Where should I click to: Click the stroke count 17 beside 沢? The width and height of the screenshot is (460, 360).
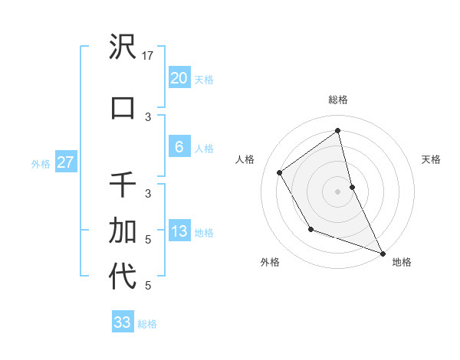149,56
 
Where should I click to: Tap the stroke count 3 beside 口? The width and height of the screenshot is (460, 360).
149,116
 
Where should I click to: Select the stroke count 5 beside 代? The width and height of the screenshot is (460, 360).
149,286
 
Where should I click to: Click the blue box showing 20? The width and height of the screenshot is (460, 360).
179,78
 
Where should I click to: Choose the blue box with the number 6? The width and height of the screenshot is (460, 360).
179,147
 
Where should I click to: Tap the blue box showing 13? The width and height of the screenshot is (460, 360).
179,231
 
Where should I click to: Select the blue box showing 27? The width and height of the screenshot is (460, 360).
65,162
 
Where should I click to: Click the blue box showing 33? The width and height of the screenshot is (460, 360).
123,322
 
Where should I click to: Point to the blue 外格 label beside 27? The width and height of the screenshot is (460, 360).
41,163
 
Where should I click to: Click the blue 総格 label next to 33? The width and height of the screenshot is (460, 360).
147,323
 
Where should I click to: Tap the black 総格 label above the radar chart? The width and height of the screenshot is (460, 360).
338,100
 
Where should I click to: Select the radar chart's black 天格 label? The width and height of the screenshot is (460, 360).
431,159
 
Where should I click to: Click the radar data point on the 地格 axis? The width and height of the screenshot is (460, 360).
383,253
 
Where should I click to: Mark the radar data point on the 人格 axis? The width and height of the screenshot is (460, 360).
280,173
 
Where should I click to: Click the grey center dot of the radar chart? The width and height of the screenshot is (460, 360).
338,191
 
